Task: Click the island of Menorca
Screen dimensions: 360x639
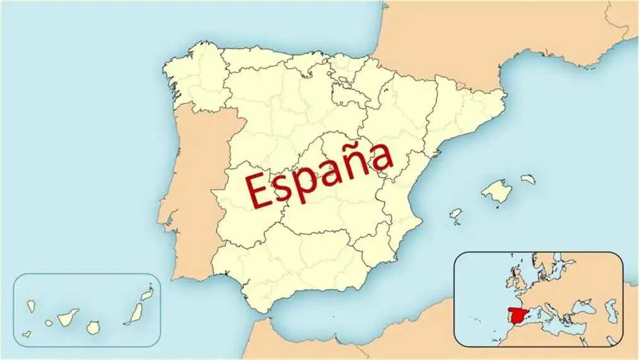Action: pyautogui.click(x=528, y=180)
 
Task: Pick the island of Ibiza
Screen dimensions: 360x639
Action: pyautogui.click(x=455, y=214)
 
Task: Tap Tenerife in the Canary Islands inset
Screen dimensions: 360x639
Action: pyautogui.click(x=68, y=316)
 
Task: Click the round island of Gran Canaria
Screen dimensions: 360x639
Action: pyautogui.click(x=93, y=327)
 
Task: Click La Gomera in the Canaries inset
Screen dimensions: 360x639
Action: pyautogui.click(x=49, y=323)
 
